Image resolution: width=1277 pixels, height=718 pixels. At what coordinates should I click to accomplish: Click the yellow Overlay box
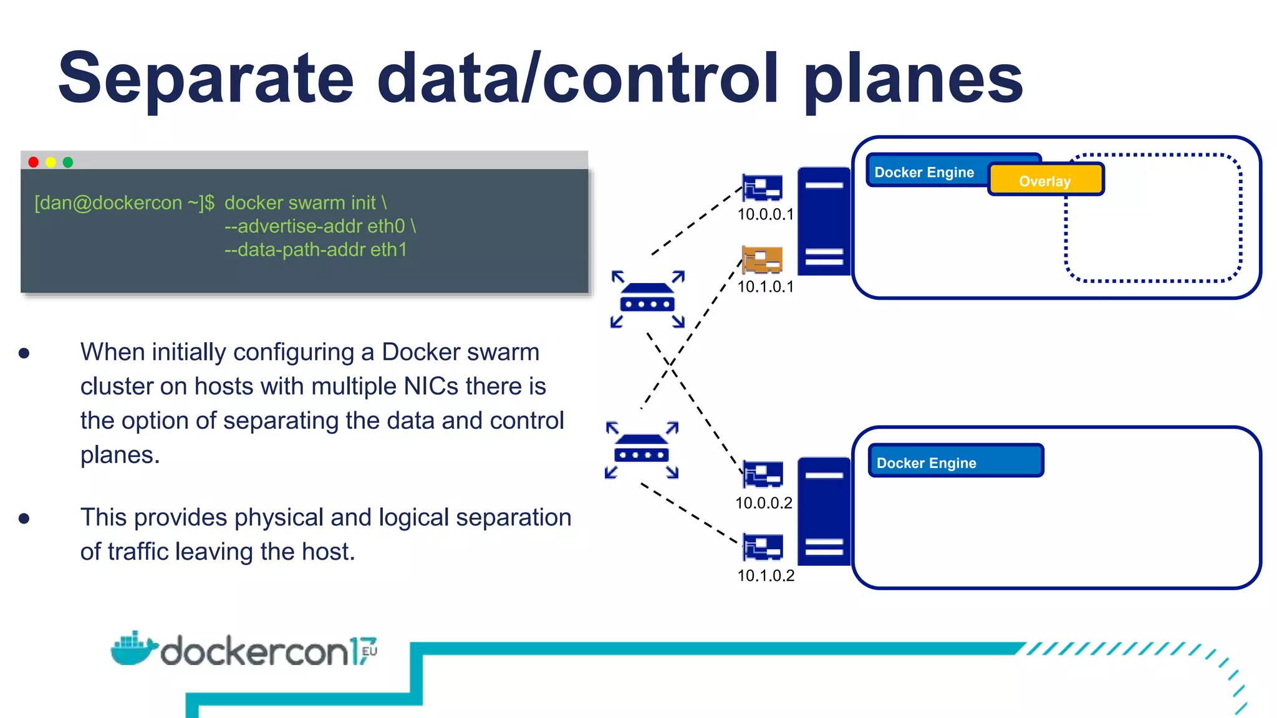tap(1046, 179)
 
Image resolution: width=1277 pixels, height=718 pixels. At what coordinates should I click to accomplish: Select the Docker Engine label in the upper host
tap(925, 172)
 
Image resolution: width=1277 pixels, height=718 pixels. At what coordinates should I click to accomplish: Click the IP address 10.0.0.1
tap(765, 214)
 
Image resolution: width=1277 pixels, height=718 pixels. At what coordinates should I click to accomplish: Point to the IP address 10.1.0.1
tap(765, 287)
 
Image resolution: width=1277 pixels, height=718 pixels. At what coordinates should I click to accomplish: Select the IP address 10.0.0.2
tap(763, 503)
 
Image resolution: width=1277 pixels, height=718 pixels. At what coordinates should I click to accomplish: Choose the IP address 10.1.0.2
tap(766, 575)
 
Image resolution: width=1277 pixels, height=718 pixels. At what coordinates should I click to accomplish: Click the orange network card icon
tap(762, 259)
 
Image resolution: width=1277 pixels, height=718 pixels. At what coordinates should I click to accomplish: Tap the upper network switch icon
tap(647, 299)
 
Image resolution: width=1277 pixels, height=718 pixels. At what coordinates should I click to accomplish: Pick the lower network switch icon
tap(642, 450)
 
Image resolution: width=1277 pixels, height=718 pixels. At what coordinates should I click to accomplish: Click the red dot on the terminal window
tap(34, 162)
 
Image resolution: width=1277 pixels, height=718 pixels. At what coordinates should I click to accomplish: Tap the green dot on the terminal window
tap(68, 162)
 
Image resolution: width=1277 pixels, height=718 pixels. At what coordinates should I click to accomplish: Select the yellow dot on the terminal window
tap(51, 162)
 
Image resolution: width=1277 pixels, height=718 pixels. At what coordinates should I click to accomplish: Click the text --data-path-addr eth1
tap(316, 250)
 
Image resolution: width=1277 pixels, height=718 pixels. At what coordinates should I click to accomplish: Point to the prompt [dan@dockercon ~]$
tap(124, 203)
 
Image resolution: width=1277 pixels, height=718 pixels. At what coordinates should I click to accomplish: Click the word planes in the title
tap(913, 80)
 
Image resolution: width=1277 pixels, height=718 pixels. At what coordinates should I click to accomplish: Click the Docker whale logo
tap(132, 649)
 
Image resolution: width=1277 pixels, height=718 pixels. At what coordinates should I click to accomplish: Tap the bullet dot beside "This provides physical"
tap(24, 519)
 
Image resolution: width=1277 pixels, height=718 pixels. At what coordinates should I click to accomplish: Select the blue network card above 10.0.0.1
tap(762, 187)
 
